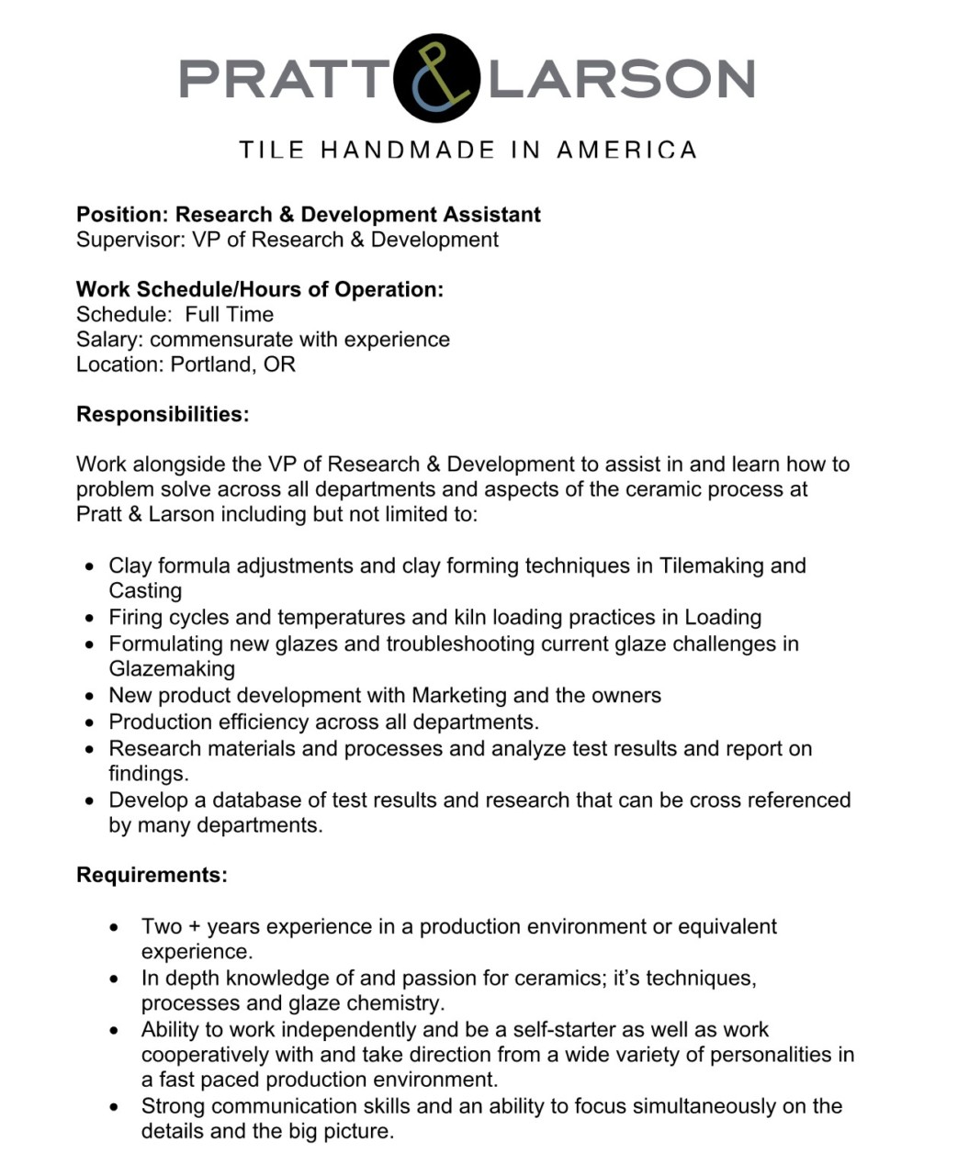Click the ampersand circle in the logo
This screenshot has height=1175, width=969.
click(437, 77)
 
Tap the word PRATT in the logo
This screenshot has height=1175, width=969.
click(283, 78)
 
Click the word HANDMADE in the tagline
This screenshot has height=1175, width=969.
click(408, 150)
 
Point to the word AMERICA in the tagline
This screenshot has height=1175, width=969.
click(627, 150)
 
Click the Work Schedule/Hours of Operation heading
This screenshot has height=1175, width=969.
click(260, 289)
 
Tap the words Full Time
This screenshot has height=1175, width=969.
click(229, 314)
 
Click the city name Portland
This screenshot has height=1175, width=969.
click(210, 364)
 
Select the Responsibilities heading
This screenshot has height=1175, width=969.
click(163, 414)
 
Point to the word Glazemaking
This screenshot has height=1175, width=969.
click(172, 668)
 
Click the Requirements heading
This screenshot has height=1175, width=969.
click(152, 875)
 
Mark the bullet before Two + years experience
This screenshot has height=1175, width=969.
click(114, 928)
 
